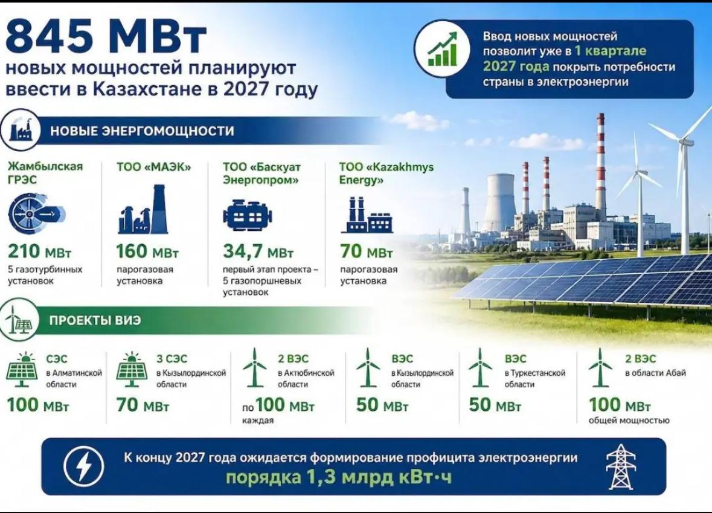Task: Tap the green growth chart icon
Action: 443,48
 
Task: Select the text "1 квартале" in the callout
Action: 611,51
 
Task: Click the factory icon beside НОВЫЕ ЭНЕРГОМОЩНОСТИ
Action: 21,130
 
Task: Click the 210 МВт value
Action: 39,251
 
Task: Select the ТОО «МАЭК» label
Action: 154,167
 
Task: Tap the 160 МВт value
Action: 147,251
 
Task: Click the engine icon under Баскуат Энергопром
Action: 248,215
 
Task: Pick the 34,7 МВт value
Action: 258,252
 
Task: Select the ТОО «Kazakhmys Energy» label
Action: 386,173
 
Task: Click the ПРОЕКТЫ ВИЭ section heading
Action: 95,320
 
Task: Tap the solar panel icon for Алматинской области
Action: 21,369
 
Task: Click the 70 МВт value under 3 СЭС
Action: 143,405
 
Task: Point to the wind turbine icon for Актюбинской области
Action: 254,367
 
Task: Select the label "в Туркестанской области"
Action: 535,378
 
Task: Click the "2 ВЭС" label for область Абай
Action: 640,358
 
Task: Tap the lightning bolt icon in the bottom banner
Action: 83,466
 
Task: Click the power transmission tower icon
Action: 621,466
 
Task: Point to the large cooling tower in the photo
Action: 499,203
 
